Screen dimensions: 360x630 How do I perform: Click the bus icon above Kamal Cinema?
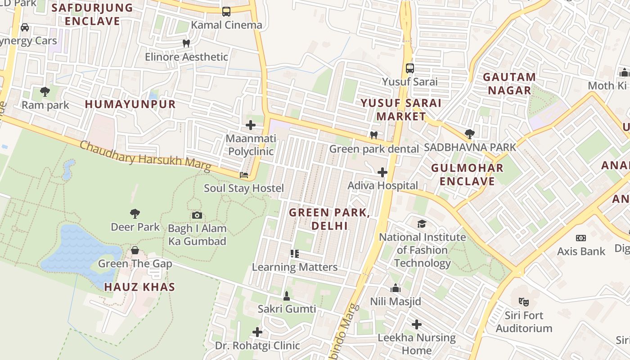coord(226,12)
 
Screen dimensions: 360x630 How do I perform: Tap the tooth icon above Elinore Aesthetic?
coord(186,44)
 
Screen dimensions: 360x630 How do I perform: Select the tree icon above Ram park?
coord(45,92)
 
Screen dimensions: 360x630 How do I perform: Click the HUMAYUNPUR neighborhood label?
coord(130,104)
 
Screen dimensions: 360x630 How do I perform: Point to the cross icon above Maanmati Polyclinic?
coord(251,125)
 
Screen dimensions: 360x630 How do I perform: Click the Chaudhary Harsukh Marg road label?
coord(145,156)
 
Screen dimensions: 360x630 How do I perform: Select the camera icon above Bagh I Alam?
coord(197,215)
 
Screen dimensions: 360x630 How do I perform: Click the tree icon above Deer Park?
coord(135,213)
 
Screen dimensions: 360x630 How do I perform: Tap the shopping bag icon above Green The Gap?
coord(135,250)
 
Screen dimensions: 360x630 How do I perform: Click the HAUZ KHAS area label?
coord(139,287)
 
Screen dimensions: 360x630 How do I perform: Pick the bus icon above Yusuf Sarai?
coord(409,68)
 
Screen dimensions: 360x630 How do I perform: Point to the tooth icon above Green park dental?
coord(373,135)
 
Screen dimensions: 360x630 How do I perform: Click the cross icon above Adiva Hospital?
coord(382,172)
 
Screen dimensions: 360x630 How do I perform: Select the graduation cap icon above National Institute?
coord(422,224)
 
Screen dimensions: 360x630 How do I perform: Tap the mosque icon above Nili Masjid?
coord(396,288)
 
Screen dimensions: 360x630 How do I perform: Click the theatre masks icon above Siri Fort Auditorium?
coord(523,301)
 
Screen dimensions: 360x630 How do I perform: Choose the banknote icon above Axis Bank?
coord(581,238)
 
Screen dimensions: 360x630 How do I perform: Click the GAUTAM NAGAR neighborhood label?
coord(509,84)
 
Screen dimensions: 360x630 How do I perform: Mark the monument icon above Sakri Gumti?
coord(287,296)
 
